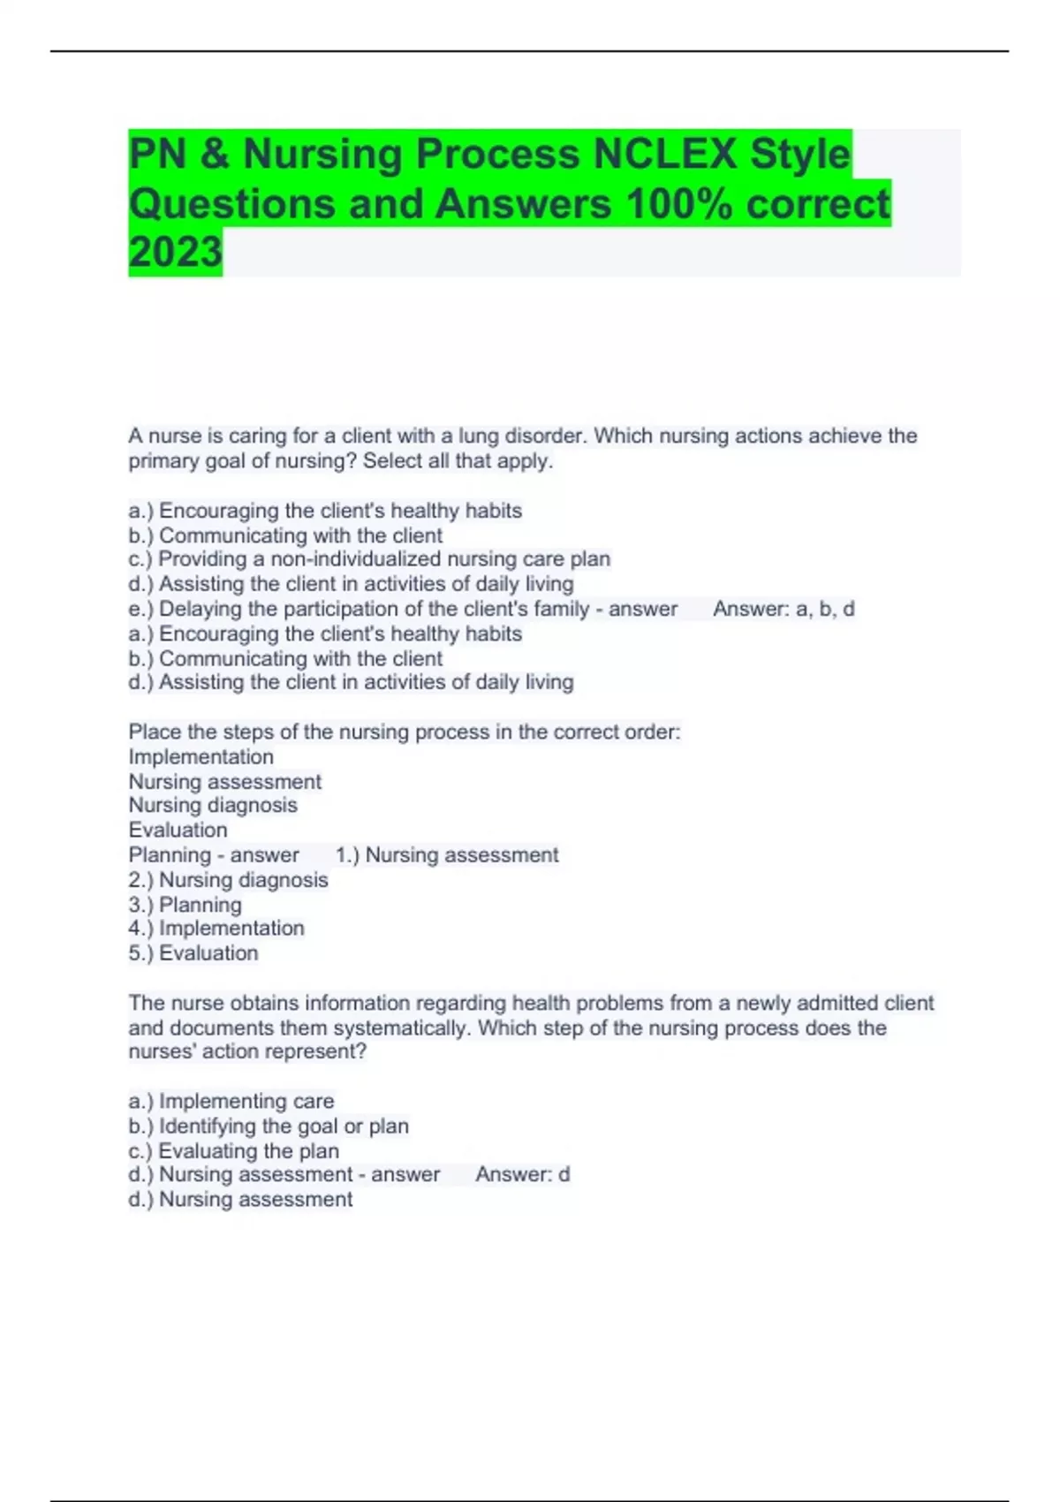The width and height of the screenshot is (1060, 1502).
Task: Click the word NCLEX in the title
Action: click(664, 154)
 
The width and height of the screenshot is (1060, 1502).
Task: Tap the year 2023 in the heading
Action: click(175, 252)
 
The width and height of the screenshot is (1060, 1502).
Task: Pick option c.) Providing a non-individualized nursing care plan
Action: click(369, 559)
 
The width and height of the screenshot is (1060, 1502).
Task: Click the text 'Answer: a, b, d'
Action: click(783, 609)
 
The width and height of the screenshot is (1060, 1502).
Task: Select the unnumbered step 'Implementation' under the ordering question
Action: click(201, 757)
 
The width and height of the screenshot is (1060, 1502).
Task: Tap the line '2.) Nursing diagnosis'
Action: click(228, 880)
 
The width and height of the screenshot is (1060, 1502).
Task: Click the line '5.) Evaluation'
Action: click(193, 953)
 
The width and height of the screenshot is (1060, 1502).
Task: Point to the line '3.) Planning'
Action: click(185, 905)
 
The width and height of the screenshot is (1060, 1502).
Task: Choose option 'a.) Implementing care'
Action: click(231, 1101)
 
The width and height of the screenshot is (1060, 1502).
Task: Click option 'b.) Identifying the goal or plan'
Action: click(268, 1126)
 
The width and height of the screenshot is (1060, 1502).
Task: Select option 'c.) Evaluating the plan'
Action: click(233, 1151)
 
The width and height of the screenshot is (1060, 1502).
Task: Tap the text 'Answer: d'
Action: click(522, 1174)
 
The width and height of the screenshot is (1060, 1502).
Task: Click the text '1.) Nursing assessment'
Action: click(447, 855)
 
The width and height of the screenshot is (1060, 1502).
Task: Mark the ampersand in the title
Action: click(215, 155)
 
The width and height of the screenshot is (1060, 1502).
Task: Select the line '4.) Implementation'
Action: click(216, 929)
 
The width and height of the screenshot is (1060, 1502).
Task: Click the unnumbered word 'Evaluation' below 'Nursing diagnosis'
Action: click(178, 831)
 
